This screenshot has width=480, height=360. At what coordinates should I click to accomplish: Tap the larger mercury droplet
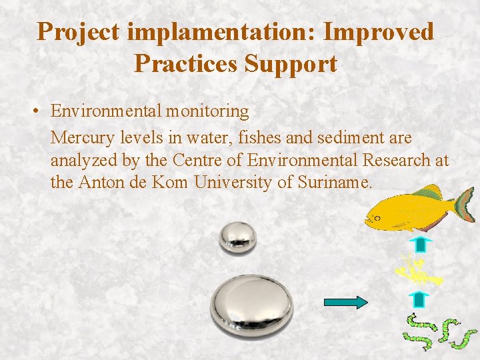coord(251,305)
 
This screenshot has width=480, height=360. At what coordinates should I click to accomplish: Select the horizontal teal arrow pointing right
coord(345,303)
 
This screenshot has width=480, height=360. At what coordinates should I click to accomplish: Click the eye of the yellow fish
coord(377,217)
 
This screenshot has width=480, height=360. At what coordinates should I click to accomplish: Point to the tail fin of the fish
coord(465,204)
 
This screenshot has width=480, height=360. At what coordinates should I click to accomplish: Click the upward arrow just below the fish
coord(419,243)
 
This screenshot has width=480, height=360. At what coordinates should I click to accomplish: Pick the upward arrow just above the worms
coord(419,298)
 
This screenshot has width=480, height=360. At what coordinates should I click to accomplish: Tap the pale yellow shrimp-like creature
coord(417,271)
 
